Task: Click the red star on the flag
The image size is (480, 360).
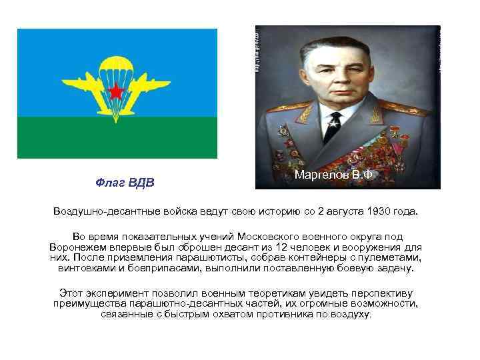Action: (117, 91)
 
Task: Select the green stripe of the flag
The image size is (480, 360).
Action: (117, 137)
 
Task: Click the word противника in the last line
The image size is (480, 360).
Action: (296, 313)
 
